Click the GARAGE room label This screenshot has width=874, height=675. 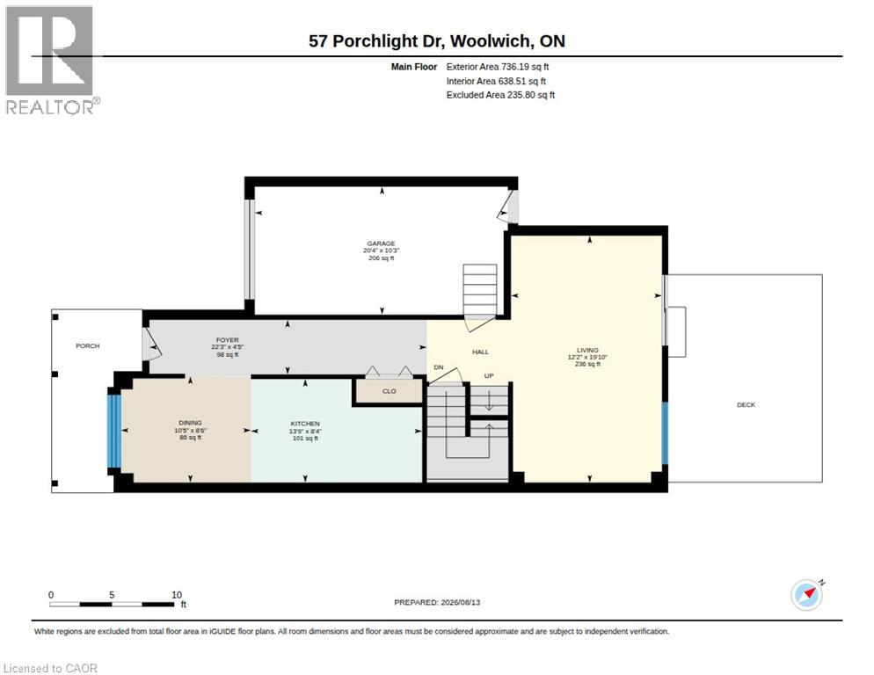[x=382, y=243]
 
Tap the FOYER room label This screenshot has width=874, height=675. [x=228, y=340]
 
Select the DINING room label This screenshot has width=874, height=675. [x=190, y=423]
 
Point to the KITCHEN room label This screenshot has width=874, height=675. [x=305, y=424]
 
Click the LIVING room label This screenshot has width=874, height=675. [x=587, y=350]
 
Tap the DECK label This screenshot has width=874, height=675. [x=746, y=404]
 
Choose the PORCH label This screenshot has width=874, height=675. [x=88, y=346]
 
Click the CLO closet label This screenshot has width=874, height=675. [x=389, y=391]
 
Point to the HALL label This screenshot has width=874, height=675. [x=480, y=352]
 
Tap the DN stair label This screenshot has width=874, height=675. [x=439, y=367]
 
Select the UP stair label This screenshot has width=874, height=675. [x=489, y=375]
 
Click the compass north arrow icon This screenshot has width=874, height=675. [x=808, y=594]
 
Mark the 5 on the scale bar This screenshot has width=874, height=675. [x=112, y=595]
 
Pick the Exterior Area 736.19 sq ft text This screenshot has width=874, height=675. [x=497, y=67]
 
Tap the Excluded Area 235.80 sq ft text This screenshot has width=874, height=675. [x=500, y=95]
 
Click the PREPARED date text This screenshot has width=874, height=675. [x=437, y=602]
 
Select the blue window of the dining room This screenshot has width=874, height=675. [x=113, y=431]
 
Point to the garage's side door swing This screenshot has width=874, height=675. [x=508, y=207]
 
